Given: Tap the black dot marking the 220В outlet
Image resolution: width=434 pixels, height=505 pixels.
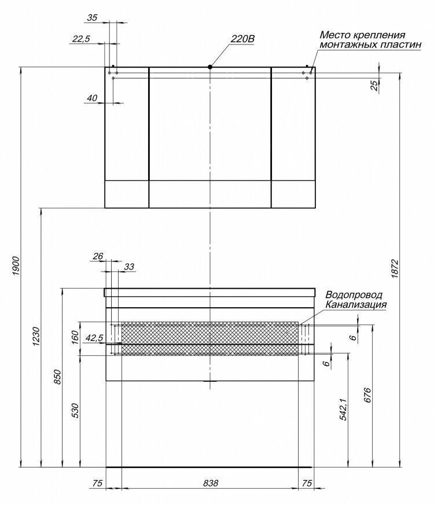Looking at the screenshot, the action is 211,67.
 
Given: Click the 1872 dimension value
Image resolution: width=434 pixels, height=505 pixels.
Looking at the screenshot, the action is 395,269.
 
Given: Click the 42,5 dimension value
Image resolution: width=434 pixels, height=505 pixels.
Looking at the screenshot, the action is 93,338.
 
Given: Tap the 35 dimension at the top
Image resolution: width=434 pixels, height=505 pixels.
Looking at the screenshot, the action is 92,18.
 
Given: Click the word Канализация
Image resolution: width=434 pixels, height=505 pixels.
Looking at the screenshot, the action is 356,304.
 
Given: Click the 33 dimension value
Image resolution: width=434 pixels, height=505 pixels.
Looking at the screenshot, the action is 128,267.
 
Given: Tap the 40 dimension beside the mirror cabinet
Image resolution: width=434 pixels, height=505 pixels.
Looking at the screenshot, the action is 91,98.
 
